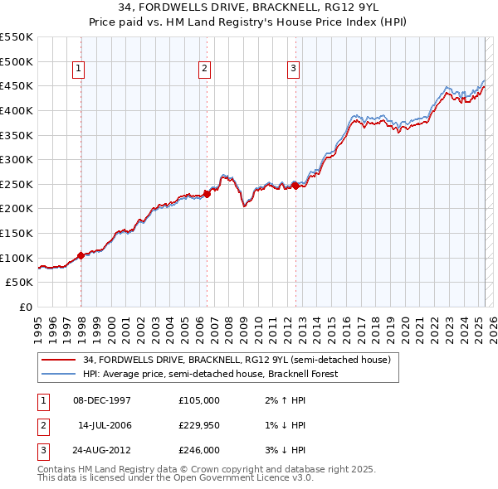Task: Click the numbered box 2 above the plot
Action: point(204,70)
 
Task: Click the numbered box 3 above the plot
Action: point(294,70)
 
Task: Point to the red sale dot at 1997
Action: point(81,255)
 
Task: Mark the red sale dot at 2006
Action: point(207,194)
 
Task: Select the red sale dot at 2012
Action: point(295,186)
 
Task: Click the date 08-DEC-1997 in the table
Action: point(103,400)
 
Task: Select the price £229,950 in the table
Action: point(198,425)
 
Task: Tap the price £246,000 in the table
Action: point(198,450)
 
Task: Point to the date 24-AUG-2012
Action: point(103,450)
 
